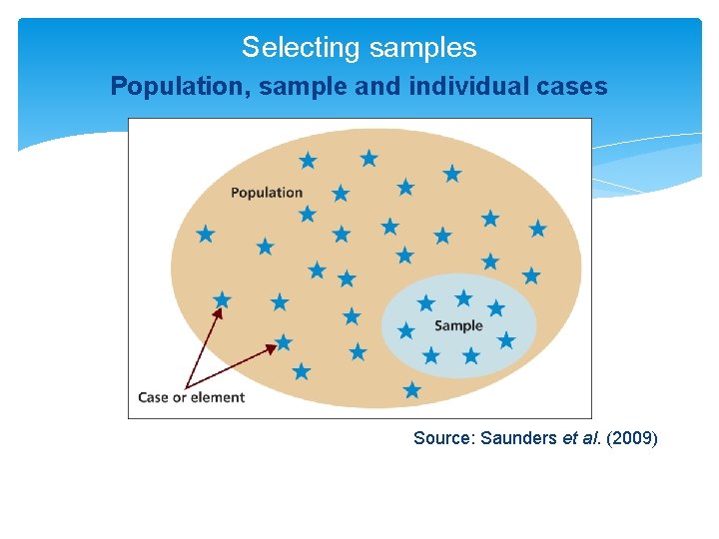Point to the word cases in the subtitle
pyautogui.click(x=573, y=87)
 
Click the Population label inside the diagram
pyautogui.click(x=266, y=193)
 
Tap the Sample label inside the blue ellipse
pyautogui.click(x=458, y=325)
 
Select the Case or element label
pyautogui.click(x=191, y=397)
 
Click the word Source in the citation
pyautogui.click(x=442, y=438)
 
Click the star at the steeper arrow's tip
pyautogui.click(x=222, y=299)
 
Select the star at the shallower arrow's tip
pyautogui.click(x=284, y=342)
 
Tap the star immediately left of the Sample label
pyautogui.click(x=406, y=330)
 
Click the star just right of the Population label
pyautogui.click(x=341, y=193)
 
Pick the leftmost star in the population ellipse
pyautogui.click(x=206, y=234)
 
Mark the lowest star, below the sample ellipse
pyautogui.click(x=412, y=389)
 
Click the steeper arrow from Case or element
pyautogui.click(x=202, y=345)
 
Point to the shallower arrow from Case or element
pyautogui.click(x=232, y=365)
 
